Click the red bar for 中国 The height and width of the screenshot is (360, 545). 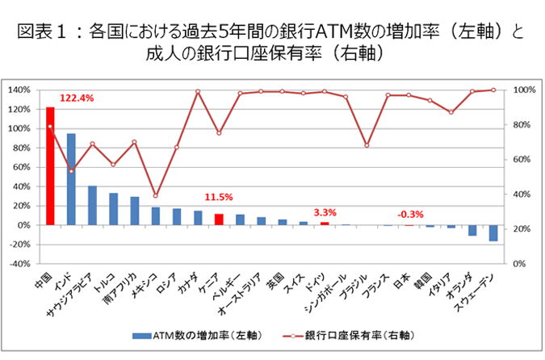[50, 165]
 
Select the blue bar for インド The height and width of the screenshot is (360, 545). [71, 179]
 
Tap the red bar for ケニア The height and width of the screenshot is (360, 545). [219, 220]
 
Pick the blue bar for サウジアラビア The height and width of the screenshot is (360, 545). [92, 205]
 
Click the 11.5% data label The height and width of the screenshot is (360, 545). [219, 197]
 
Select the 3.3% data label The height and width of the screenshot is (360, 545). [325, 212]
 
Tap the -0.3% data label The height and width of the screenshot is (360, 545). [410, 214]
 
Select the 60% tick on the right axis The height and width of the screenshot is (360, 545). [524, 159]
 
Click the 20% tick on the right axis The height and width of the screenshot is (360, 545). [524, 228]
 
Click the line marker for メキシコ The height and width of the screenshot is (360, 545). [156, 195]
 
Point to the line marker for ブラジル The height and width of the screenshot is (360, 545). [367, 145]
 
